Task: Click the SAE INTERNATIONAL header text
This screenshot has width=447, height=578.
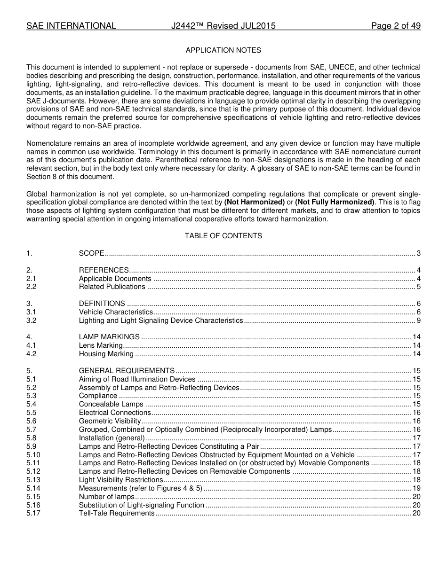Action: [71, 26]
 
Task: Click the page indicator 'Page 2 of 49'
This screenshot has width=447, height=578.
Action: [395, 26]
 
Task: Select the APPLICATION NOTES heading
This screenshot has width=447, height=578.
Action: [223, 50]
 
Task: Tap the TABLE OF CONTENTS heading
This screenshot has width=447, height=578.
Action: [223, 236]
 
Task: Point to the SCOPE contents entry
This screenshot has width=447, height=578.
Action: [91, 254]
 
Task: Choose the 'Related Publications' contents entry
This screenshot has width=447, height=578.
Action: [112, 287]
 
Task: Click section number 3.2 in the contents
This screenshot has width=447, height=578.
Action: [32, 321]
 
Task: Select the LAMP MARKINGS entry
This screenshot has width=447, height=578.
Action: [109, 337]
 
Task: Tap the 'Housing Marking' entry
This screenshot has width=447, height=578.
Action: [106, 354]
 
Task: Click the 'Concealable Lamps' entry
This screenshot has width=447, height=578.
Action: [111, 405]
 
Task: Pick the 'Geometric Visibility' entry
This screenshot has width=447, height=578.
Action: [110, 422]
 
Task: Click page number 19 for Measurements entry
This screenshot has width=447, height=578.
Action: [416, 489]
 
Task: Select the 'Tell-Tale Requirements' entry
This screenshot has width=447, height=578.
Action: [117, 514]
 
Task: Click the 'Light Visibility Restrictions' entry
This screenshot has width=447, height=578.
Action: [121, 480]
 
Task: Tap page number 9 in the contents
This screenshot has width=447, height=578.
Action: [418, 321]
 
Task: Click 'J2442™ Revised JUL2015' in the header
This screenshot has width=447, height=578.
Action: [223, 26]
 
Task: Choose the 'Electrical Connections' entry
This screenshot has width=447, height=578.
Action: [115, 413]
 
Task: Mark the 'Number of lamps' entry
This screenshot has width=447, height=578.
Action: [107, 497]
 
